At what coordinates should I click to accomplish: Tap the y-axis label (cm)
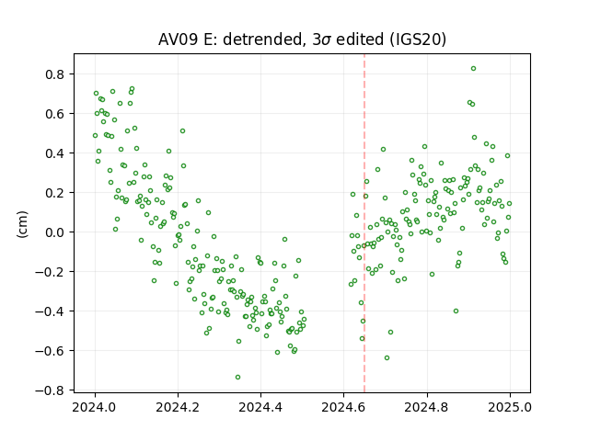tap(22, 224)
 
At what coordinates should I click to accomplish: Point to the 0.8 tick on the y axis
tap(55, 74)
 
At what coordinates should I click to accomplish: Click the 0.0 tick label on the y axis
tap(55, 232)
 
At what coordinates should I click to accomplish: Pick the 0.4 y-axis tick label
tap(55, 153)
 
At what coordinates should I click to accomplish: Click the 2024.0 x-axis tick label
tap(95, 407)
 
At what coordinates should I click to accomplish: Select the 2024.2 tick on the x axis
tap(178, 407)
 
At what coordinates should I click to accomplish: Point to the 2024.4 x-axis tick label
tap(260, 407)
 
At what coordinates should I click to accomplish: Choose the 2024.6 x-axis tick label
tap(343, 407)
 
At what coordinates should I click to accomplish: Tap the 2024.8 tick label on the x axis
tap(426, 407)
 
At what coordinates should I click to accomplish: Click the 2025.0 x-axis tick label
tap(510, 407)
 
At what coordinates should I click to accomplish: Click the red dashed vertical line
tap(364, 223)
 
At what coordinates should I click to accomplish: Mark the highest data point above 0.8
tap(473, 69)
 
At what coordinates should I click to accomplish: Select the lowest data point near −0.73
tap(237, 378)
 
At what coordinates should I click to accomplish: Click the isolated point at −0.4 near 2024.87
tap(456, 311)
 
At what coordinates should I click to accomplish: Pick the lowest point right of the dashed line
tap(387, 358)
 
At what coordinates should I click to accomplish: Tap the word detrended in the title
tap(263, 40)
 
